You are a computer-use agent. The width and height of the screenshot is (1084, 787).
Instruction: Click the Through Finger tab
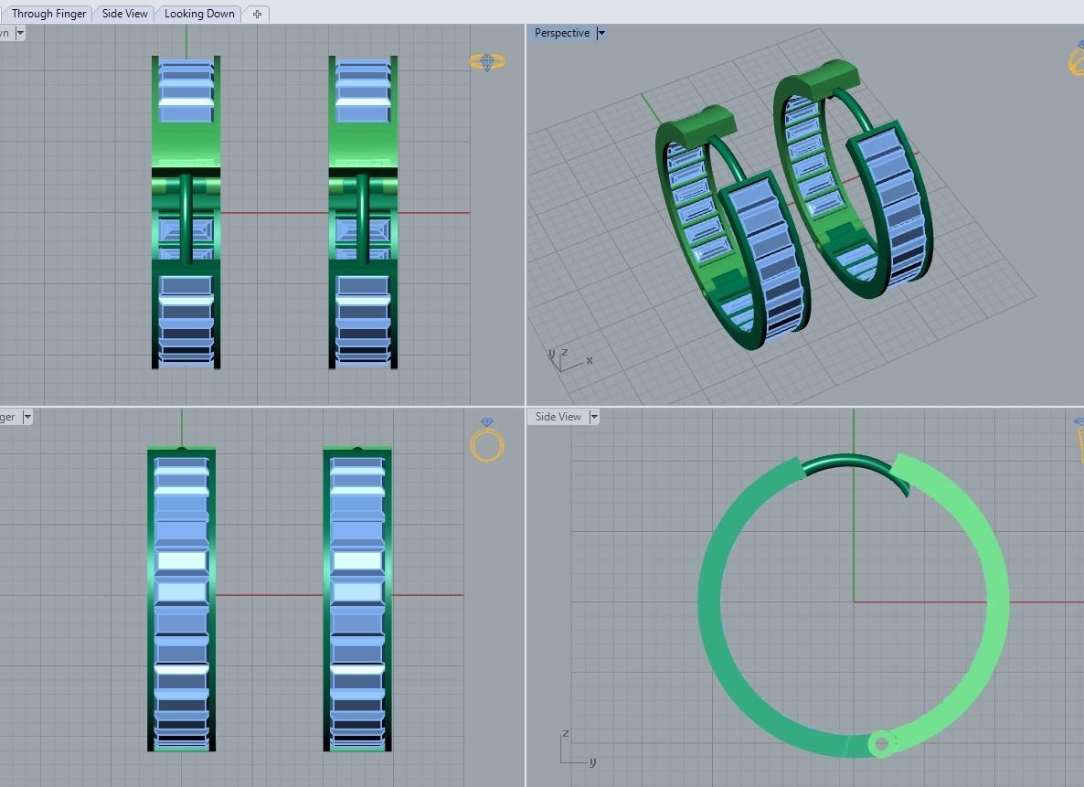tap(48, 14)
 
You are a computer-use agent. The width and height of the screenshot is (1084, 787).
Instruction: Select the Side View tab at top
tap(125, 14)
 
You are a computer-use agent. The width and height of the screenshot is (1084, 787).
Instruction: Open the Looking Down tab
tap(199, 14)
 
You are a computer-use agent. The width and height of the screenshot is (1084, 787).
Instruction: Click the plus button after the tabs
tap(257, 14)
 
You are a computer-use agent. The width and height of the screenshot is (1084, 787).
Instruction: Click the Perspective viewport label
tap(561, 33)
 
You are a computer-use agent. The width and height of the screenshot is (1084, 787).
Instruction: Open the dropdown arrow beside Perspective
tap(600, 33)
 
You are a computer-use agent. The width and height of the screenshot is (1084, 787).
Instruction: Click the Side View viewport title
tap(558, 417)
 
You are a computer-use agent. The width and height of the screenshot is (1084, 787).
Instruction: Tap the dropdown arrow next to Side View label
tap(594, 417)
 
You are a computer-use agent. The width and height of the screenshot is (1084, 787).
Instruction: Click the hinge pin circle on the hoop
tap(881, 744)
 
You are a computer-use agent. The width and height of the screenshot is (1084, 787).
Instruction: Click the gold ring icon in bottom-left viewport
tap(487, 441)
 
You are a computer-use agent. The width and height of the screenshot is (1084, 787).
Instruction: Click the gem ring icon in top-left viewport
tap(487, 61)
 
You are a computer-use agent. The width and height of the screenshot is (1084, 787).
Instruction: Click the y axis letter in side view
tap(592, 761)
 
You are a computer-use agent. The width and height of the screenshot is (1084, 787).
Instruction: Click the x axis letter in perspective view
tap(590, 360)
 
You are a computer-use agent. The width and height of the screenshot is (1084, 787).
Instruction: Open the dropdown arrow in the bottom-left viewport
tap(27, 417)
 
